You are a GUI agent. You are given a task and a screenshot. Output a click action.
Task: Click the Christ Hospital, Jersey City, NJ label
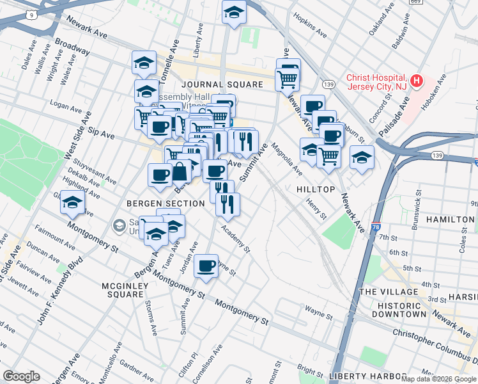[376, 82]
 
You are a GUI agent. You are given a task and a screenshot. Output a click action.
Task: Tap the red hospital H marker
[416, 81]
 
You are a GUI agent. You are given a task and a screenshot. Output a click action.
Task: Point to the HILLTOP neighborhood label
[316, 190]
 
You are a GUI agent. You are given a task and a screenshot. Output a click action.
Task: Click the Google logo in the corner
[21, 376]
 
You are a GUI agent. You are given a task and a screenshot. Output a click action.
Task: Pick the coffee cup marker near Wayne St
[206, 266]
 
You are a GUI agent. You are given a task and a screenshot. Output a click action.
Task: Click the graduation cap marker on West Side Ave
[72, 203]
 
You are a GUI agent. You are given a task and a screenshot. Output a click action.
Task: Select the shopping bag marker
[180, 171]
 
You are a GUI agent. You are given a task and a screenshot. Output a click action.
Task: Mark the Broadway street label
[72, 46]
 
